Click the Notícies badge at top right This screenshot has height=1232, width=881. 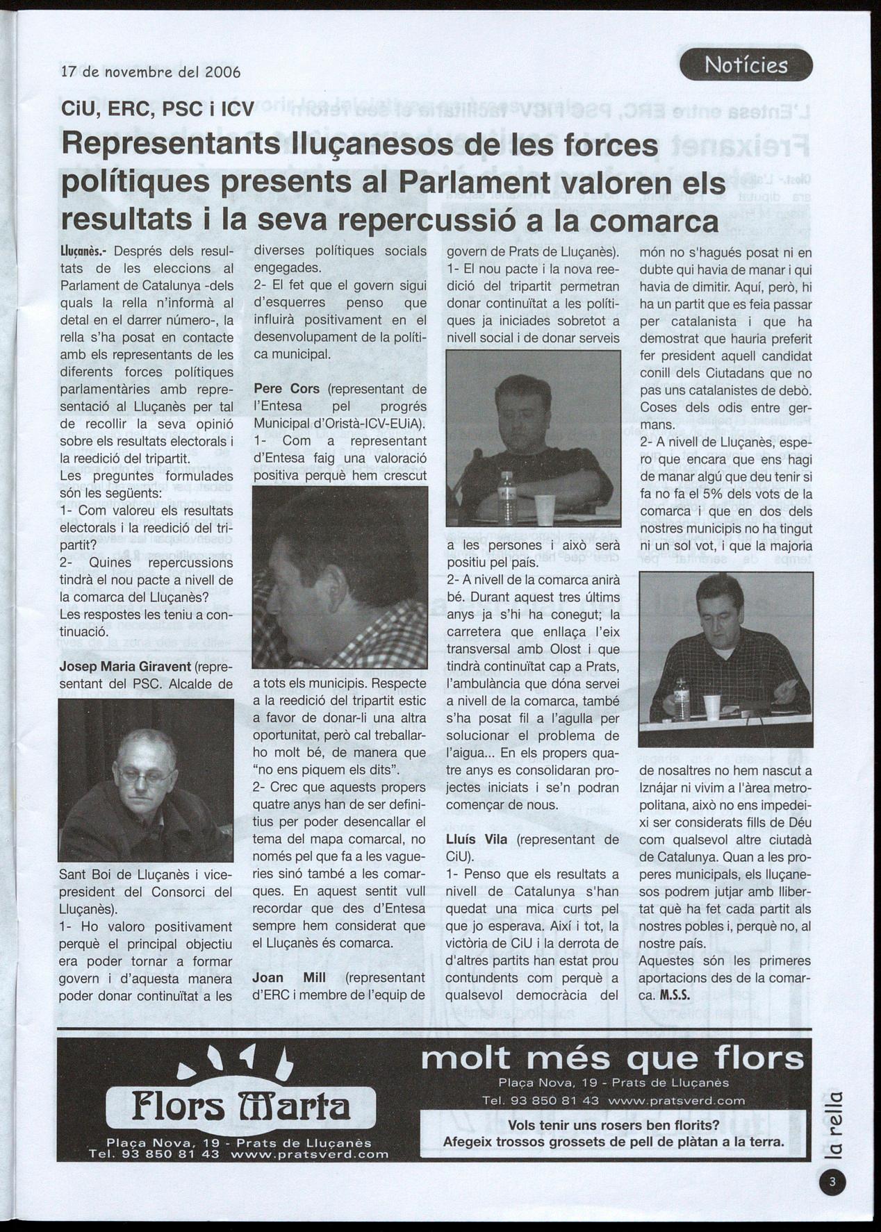(x=746, y=65)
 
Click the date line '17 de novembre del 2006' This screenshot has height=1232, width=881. (x=151, y=72)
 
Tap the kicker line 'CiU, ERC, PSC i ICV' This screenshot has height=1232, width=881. (x=158, y=109)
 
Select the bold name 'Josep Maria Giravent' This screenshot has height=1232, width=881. (x=125, y=667)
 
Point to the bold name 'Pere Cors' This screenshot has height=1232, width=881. (x=287, y=389)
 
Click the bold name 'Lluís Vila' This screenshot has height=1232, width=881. (x=476, y=840)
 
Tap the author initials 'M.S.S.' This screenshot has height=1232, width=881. (x=674, y=995)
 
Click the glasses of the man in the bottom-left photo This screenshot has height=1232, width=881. (x=145, y=774)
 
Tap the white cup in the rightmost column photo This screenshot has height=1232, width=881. (x=711, y=706)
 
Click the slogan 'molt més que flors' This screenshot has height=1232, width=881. (x=612, y=1059)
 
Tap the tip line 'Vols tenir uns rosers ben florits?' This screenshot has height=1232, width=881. (x=614, y=1126)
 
